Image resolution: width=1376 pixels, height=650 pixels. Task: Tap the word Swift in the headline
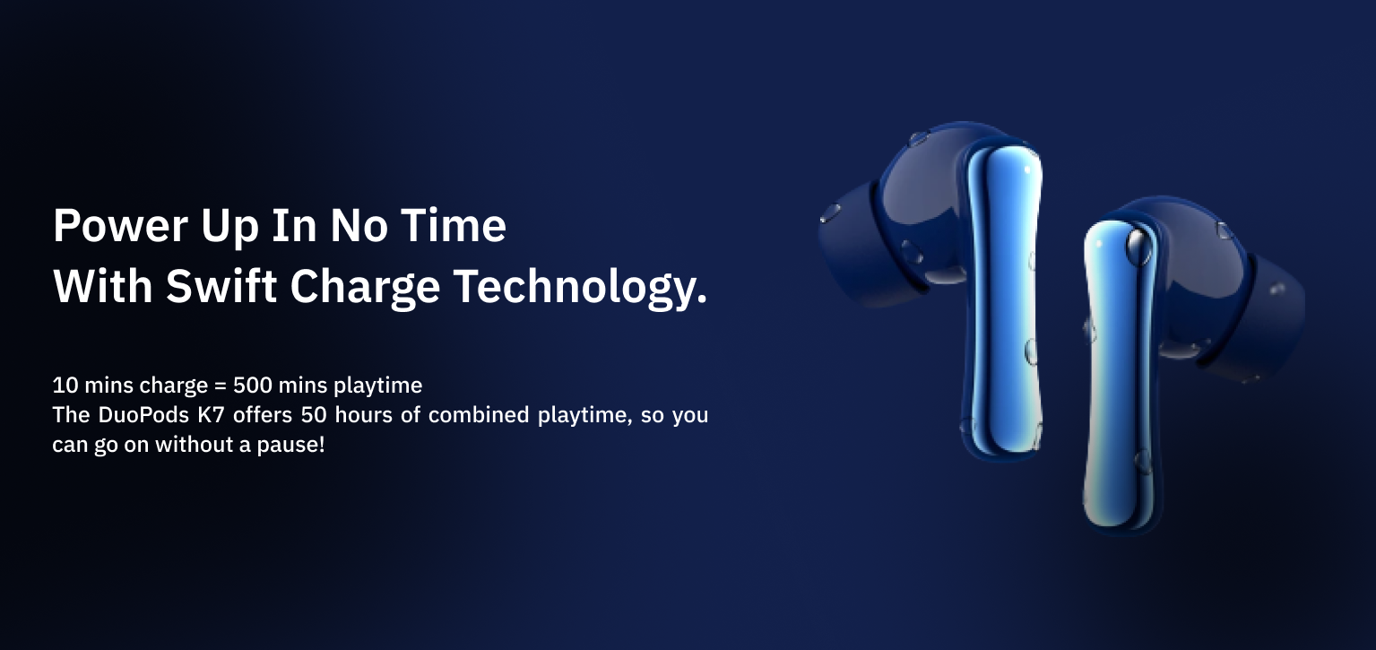221,286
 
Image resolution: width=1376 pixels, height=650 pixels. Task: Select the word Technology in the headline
581,288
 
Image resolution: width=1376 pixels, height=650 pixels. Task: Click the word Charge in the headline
365,288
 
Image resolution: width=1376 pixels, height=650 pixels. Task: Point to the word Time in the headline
454,225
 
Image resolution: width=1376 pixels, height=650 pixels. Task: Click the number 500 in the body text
253,386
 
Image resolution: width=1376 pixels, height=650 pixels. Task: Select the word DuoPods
143,415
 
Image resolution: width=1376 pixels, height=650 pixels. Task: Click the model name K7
211,415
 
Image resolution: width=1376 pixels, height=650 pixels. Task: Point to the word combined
479,415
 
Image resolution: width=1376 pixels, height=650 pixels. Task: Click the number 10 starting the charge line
65,386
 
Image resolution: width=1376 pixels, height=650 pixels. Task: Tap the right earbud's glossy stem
1120,375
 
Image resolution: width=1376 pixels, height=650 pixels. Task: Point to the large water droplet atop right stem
1138,246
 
